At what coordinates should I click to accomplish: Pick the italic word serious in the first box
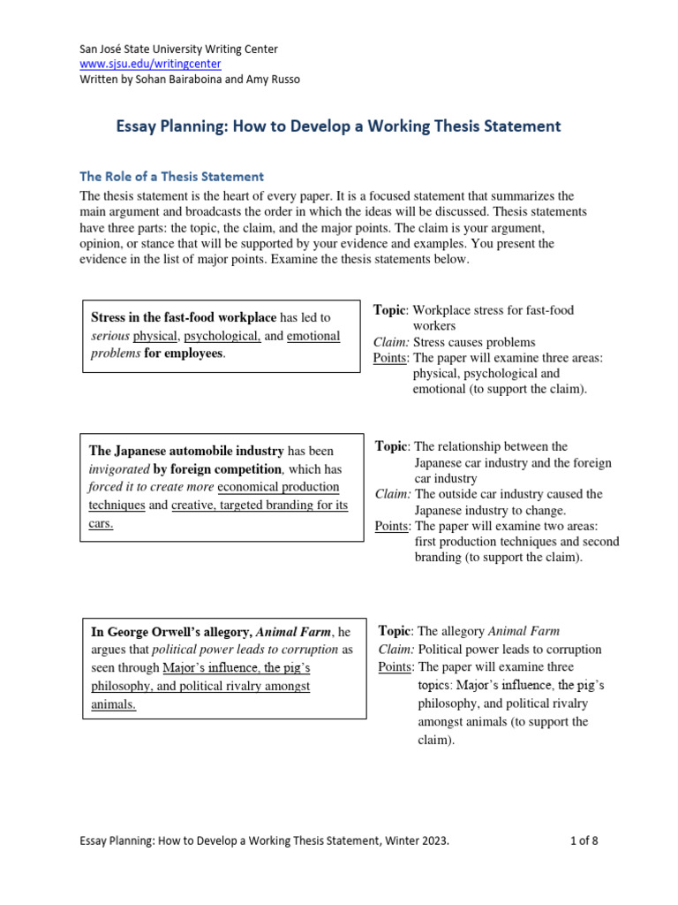(x=110, y=337)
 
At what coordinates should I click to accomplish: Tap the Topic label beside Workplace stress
(x=389, y=310)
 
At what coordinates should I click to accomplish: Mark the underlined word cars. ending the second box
(x=102, y=522)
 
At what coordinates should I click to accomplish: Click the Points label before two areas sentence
(x=391, y=526)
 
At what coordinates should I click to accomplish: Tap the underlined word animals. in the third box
(x=114, y=703)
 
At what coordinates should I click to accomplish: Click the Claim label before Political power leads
(x=395, y=650)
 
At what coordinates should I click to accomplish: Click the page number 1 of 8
(x=584, y=841)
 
